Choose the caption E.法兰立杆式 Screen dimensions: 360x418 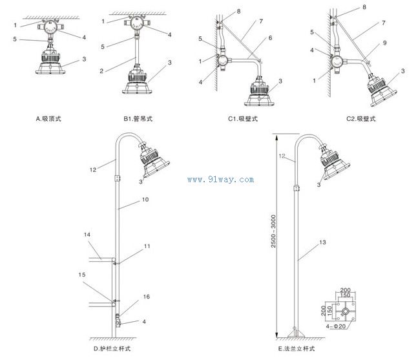tap(297, 349)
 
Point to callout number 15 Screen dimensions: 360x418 tap(82, 275)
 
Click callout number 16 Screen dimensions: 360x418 tap(146, 297)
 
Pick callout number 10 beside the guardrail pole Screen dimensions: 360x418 tap(144, 200)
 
